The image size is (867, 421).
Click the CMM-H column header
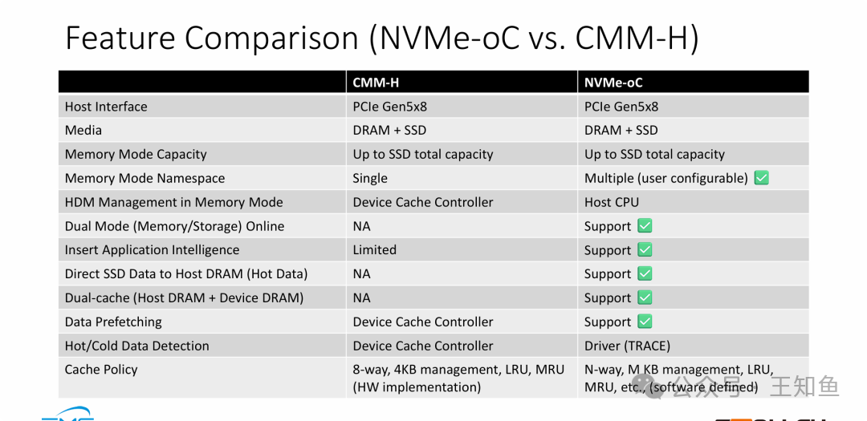click(x=376, y=83)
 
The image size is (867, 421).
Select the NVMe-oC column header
click(x=613, y=83)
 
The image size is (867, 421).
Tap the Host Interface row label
click(x=106, y=107)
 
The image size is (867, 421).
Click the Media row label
click(x=83, y=130)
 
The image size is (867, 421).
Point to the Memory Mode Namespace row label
click(x=144, y=178)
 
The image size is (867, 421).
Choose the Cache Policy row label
click(x=101, y=370)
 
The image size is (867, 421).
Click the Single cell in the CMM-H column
click(x=370, y=178)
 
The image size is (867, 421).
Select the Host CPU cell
click(x=612, y=202)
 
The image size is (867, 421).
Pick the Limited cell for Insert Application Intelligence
click(x=375, y=250)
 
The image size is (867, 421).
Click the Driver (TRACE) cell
click(x=627, y=346)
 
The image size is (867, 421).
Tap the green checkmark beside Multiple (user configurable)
click(x=761, y=178)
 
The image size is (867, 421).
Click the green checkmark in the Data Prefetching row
click(x=645, y=322)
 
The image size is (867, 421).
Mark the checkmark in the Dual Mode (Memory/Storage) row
click(x=645, y=226)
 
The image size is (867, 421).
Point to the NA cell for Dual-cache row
click(x=362, y=298)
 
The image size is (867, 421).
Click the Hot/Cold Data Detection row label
click(x=136, y=346)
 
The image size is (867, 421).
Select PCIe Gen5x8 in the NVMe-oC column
click(x=621, y=107)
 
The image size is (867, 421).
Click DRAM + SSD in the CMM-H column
click(x=389, y=130)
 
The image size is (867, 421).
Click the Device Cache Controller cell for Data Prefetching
click(x=423, y=322)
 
